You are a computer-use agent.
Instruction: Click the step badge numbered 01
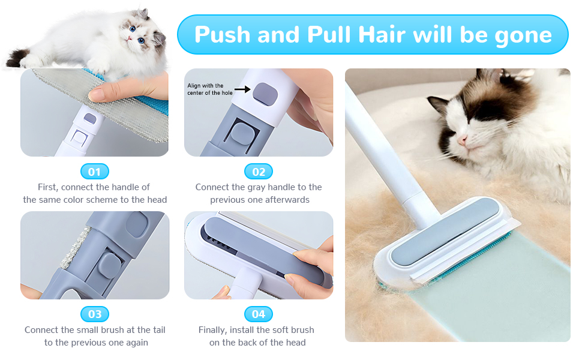pos(95,172)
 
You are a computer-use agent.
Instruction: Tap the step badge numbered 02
pos(259,172)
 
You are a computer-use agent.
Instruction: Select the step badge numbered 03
pos(95,314)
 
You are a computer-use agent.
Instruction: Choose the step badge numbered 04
pos(259,314)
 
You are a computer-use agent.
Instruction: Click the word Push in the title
pos(222,35)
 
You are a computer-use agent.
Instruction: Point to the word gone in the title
pos(523,35)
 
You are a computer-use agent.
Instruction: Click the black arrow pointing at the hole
pos(242,89)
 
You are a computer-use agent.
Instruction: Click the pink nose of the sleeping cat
pos(461,140)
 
